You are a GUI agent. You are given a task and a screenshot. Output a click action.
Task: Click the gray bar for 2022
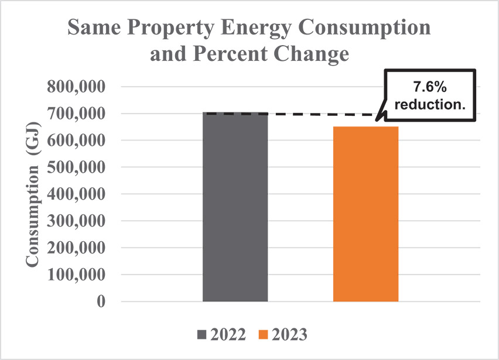pos(235,207)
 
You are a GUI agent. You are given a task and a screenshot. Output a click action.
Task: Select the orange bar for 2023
pos(365,214)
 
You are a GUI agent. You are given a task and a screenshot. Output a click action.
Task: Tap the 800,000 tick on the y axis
pos(79,87)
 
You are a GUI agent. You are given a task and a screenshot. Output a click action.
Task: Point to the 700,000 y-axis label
pos(79,114)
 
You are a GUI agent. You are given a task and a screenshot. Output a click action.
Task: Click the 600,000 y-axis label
pos(79,140)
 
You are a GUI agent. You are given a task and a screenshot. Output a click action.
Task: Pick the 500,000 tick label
pos(79,167)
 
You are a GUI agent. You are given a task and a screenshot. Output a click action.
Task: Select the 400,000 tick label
pos(79,194)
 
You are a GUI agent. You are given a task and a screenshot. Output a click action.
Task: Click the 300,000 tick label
pos(79,221)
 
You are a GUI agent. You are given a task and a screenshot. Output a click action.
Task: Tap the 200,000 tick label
pos(79,248)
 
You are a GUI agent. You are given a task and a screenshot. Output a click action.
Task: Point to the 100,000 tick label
pos(79,275)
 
